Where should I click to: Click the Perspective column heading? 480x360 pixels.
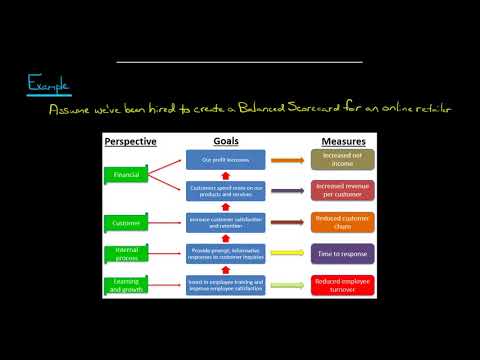131,142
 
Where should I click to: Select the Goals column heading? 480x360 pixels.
226,142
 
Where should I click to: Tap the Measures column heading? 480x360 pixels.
342,142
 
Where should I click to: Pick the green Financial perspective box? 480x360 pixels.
127,176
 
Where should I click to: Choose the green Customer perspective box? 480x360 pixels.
127,221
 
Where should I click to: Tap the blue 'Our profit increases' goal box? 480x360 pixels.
226,159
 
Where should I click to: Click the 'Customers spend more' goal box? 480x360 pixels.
226,189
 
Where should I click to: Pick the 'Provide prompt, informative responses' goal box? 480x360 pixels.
226,253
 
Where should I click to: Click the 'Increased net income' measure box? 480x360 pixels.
343,159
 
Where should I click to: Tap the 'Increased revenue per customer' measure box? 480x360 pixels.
343,189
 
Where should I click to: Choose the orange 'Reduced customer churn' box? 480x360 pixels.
343,221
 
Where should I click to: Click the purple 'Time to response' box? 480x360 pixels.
343,253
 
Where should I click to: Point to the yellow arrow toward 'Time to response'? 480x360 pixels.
287,253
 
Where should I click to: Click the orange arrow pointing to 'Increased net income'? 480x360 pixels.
287,159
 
